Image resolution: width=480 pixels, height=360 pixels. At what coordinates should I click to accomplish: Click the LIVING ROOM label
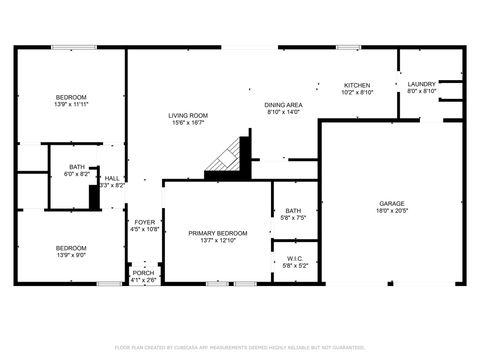tap(187, 117)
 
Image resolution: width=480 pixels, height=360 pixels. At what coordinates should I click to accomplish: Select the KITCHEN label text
tap(358, 86)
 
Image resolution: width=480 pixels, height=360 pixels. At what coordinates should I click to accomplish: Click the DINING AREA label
tap(284, 105)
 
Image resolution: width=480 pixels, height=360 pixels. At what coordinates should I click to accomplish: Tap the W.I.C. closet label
tap(294, 258)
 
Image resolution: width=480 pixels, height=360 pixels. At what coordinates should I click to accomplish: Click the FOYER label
tap(145, 222)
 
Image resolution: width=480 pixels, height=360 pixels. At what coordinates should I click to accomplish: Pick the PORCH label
tap(144, 272)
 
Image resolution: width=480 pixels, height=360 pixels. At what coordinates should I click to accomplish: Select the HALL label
tap(112, 178)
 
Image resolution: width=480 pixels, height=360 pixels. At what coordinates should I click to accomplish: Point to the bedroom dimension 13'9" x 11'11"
tap(71, 104)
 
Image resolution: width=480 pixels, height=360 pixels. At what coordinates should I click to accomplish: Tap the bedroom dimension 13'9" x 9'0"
tap(70, 255)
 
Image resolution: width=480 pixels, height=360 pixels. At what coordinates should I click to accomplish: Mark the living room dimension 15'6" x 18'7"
tap(187, 124)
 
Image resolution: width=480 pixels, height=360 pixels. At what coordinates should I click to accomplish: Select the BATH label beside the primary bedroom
tap(294, 210)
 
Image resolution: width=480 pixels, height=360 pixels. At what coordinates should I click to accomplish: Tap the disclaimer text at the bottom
tap(240, 347)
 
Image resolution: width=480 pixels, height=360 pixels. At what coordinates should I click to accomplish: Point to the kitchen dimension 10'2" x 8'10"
tap(358, 93)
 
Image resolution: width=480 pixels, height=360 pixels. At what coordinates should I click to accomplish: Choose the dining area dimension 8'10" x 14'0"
tap(284, 112)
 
